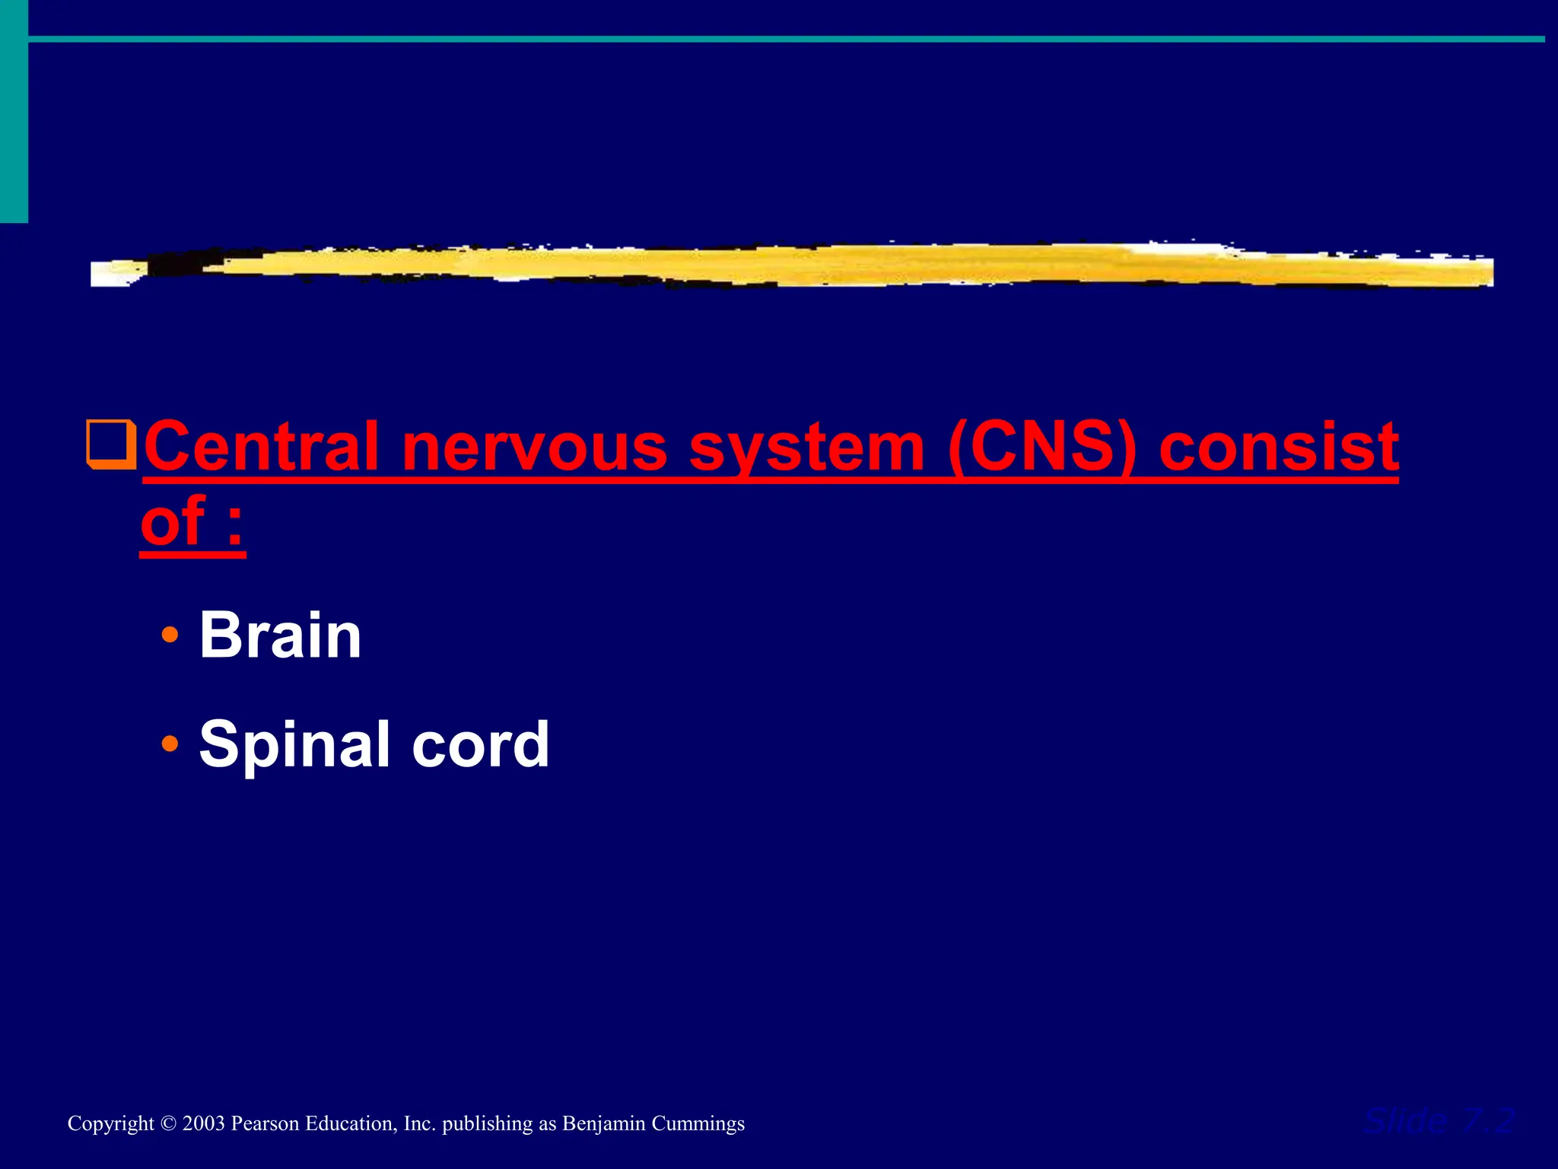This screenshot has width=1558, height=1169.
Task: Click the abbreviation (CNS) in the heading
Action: (1041, 448)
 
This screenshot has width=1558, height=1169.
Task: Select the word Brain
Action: (280, 635)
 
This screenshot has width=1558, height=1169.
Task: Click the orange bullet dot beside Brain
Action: (170, 634)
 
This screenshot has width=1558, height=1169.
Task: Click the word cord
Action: (480, 744)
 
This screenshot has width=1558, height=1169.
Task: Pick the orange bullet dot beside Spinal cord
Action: (170, 743)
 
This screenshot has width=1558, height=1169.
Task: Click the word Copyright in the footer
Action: (110, 1124)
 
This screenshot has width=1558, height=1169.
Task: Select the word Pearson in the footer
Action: (265, 1124)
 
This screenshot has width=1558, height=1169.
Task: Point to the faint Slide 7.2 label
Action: (1438, 1121)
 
